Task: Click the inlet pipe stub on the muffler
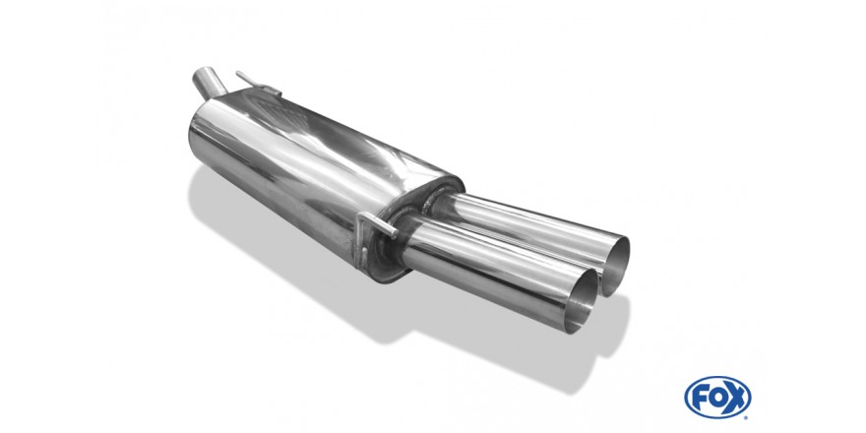click(x=209, y=85)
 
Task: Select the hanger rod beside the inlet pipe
click(x=257, y=84)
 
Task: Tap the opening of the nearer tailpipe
click(x=585, y=301)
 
